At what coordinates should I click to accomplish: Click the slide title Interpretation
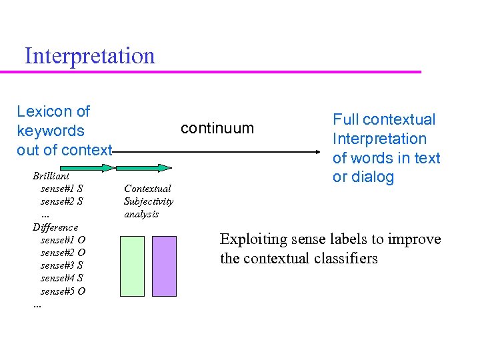(x=89, y=55)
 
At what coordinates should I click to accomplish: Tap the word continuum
(x=217, y=128)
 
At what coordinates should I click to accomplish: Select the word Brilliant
(x=51, y=176)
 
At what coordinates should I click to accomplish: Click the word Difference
(x=55, y=227)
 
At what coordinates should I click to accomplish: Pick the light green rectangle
(x=132, y=265)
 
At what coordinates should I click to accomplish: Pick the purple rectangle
(x=164, y=265)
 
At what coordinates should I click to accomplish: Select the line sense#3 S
(x=62, y=265)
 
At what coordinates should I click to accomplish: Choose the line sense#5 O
(x=63, y=291)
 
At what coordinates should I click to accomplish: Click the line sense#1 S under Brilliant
(x=62, y=189)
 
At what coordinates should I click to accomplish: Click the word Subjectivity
(x=149, y=201)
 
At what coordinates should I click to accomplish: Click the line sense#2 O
(x=63, y=253)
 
